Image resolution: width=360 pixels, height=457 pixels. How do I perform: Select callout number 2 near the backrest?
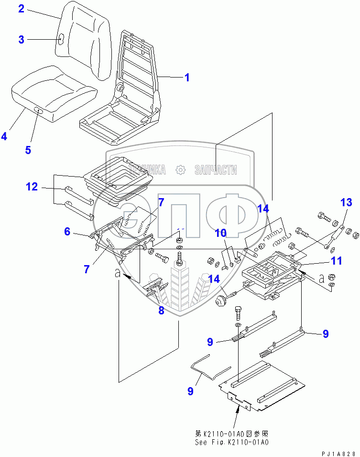click(x=21, y=9)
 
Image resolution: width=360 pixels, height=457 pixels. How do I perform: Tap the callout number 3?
click(x=21, y=40)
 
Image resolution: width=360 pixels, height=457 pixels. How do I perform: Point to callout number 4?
click(x=4, y=136)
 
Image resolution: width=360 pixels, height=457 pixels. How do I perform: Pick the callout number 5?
click(x=28, y=150)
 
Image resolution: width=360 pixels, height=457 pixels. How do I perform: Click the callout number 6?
click(x=67, y=232)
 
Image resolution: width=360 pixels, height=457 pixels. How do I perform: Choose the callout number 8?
click(x=161, y=311)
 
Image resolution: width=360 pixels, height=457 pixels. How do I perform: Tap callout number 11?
click(x=338, y=261)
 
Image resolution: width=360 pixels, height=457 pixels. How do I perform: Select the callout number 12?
click(x=32, y=187)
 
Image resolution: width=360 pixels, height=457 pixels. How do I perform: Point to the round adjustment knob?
click(x=221, y=301)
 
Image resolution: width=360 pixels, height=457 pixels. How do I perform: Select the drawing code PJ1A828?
click(x=337, y=452)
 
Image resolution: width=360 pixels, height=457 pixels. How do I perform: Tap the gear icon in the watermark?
click(x=180, y=169)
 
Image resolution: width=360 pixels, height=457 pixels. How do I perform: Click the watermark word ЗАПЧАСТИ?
click(x=216, y=169)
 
